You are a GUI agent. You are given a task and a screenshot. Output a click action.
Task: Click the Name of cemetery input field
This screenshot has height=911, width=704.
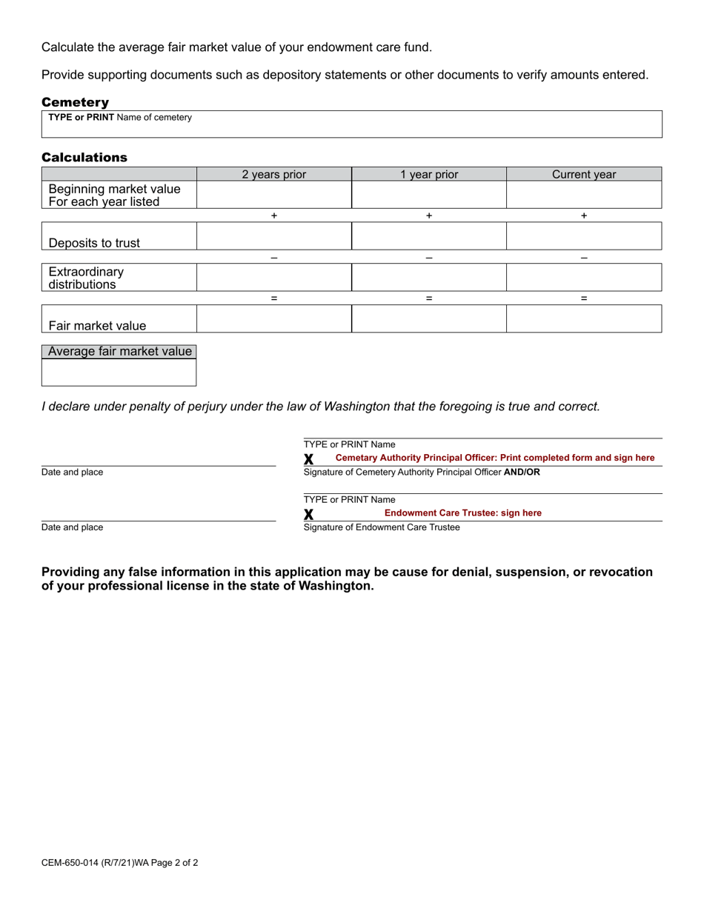[352, 127]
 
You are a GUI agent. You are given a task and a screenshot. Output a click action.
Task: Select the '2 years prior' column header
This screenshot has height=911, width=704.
[273, 175]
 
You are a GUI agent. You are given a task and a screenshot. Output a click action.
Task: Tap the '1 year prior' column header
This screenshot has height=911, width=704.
[429, 175]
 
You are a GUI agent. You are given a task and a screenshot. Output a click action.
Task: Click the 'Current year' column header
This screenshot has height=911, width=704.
[584, 175]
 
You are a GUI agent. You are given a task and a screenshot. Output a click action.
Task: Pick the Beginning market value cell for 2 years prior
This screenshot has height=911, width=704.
[273, 195]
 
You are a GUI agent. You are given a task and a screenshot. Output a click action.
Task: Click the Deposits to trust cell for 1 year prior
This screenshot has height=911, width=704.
[429, 236]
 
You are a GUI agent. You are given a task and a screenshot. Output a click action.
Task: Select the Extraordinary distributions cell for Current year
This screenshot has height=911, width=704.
[584, 278]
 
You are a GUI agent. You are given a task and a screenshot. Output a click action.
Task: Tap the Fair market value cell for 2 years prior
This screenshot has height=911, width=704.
[273, 319]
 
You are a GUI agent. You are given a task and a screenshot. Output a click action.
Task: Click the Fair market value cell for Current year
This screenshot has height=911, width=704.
[584, 319]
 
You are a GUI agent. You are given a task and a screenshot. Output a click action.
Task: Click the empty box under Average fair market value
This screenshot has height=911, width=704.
[119, 373]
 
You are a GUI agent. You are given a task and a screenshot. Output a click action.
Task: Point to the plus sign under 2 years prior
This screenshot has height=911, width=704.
[274, 216]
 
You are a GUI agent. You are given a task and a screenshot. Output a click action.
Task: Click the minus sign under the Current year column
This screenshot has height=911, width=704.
[584, 257]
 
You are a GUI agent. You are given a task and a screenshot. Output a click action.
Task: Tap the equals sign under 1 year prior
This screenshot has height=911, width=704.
[429, 298]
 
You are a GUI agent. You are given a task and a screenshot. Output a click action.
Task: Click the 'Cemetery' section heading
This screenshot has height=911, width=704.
[75, 102]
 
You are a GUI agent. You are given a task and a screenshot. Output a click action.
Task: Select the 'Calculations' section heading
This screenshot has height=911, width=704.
[84, 157]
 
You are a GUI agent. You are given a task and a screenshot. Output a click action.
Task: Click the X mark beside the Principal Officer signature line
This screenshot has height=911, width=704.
[309, 459]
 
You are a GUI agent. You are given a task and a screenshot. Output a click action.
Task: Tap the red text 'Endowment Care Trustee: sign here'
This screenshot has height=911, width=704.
[462, 513]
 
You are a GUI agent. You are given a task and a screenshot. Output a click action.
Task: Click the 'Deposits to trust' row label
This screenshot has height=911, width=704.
[94, 243]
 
